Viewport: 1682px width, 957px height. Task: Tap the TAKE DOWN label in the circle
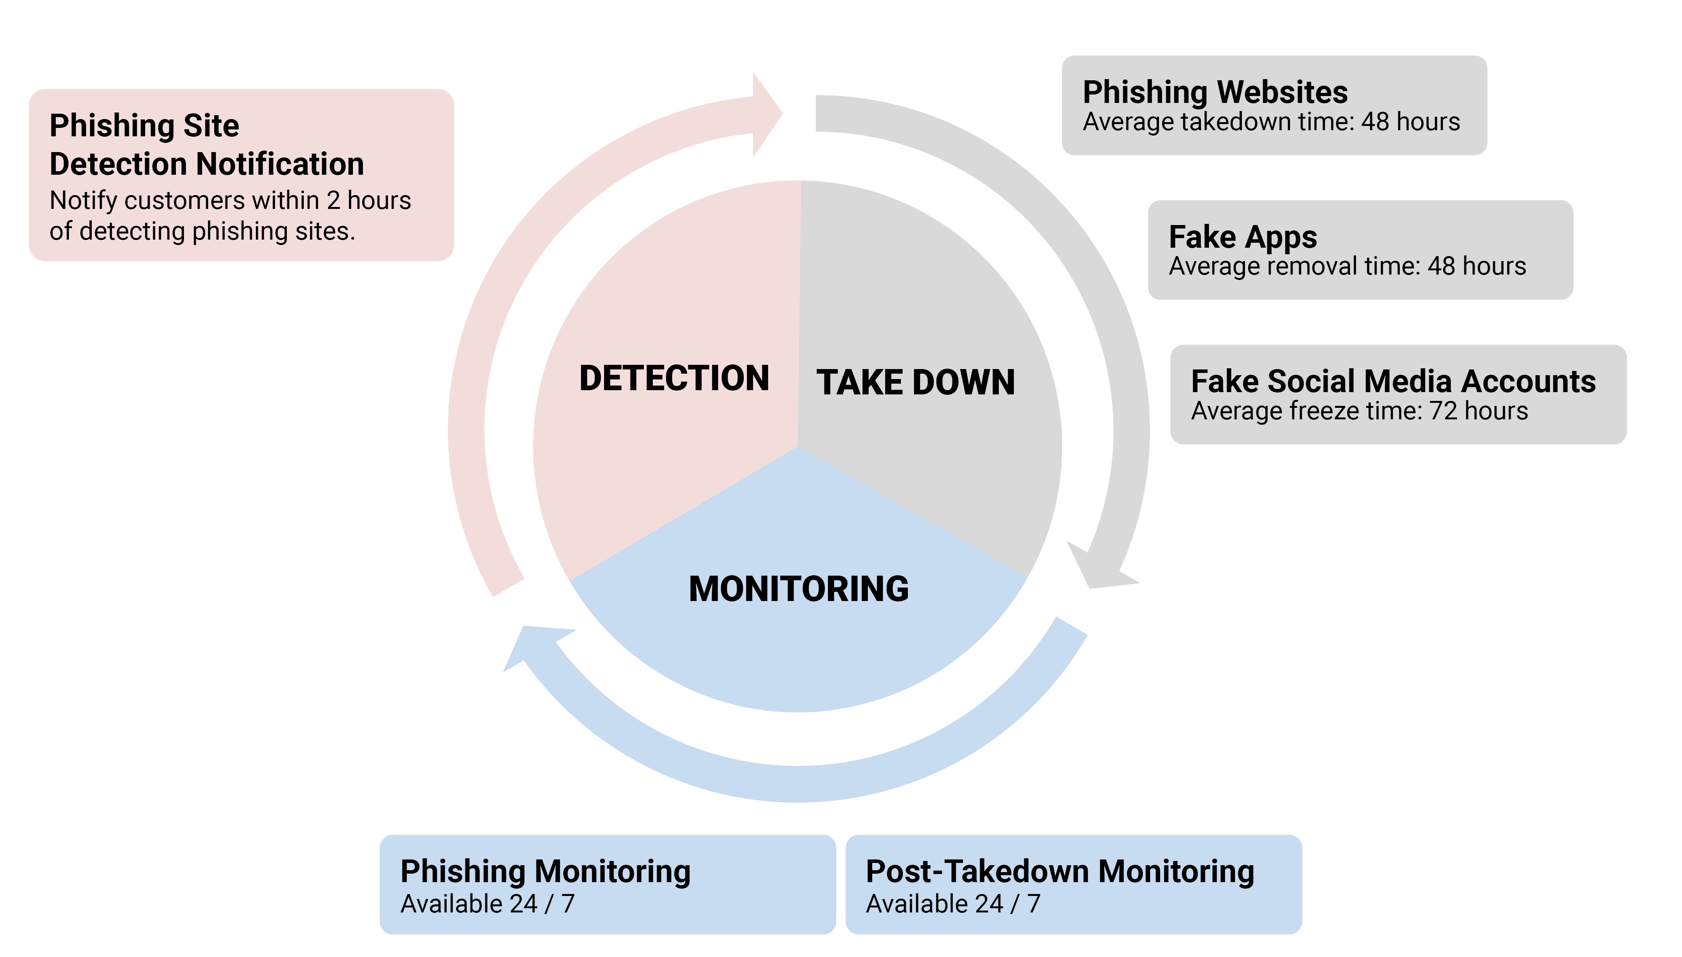coord(915,382)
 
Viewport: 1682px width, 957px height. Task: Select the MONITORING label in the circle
coord(799,589)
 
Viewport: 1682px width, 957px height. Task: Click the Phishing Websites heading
coord(1215,92)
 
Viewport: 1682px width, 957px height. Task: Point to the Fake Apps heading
coord(1242,237)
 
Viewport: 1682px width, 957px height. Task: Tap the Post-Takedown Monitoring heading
coord(1060,872)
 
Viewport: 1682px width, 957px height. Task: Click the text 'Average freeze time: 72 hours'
coord(1359,411)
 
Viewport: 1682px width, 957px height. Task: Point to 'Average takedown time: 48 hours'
coord(1271,122)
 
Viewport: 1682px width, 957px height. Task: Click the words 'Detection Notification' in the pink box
coord(206,164)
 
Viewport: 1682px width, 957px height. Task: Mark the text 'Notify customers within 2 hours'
coord(230,200)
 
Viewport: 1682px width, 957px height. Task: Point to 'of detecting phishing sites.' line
coord(202,231)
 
